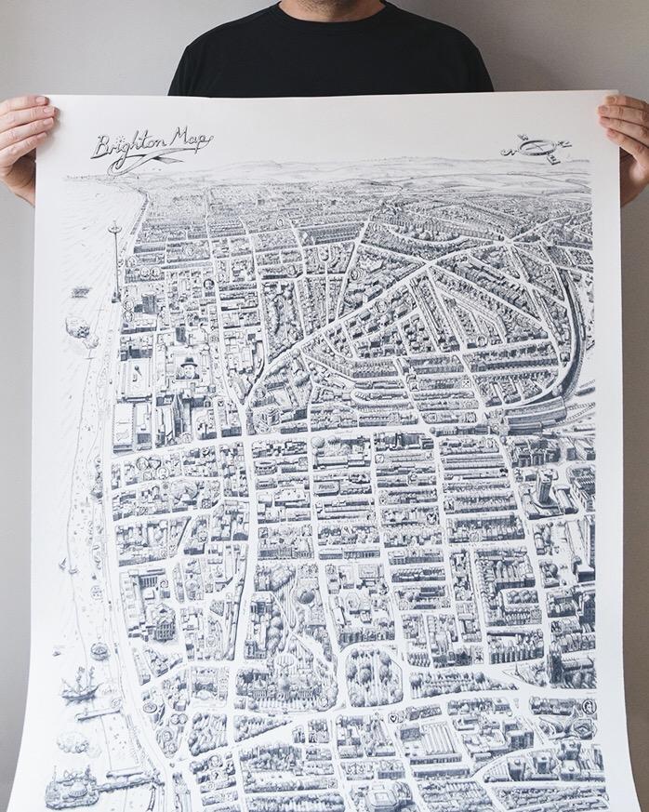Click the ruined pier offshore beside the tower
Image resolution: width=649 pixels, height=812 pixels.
[78, 327]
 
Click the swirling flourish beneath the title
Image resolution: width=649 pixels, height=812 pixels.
[139, 165]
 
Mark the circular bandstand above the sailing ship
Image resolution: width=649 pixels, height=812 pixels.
[99, 648]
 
